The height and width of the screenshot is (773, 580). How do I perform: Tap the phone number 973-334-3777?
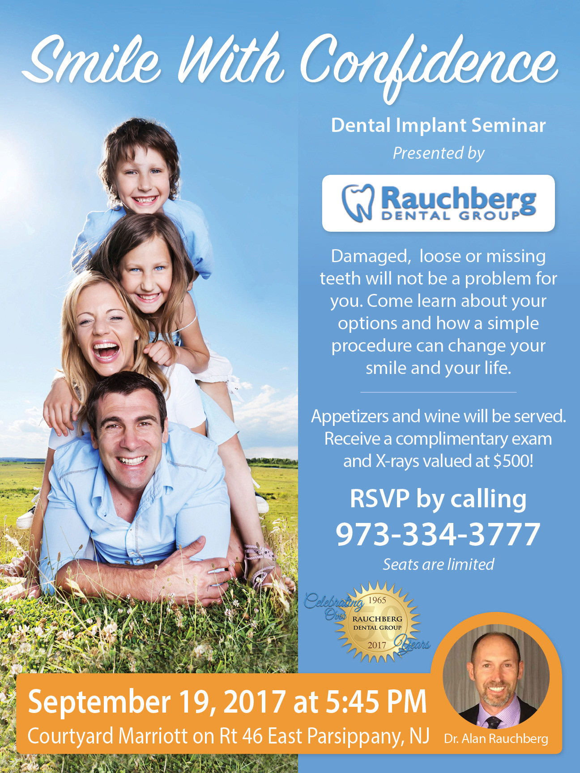pyautogui.click(x=438, y=534)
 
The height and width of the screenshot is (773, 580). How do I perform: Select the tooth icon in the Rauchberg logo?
pyautogui.click(x=358, y=203)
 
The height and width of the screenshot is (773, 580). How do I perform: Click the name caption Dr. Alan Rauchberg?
pyautogui.click(x=496, y=739)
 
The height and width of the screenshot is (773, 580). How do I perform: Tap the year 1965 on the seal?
pyautogui.click(x=377, y=600)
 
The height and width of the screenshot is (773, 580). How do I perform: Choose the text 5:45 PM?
pyautogui.click(x=376, y=702)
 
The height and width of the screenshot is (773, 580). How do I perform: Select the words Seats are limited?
pyautogui.click(x=439, y=565)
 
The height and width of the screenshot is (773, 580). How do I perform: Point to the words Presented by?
pyautogui.click(x=439, y=153)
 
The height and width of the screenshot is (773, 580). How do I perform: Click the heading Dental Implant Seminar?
pyautogui.click(x=438, y=126)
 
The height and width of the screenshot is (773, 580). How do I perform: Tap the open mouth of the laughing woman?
pyautogui.click(x=106, y=350)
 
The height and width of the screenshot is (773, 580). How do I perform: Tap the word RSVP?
pyautogui.click(x=380, y=498)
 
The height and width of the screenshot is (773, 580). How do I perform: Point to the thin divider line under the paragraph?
pyautogui.click(x=438, y=392)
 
